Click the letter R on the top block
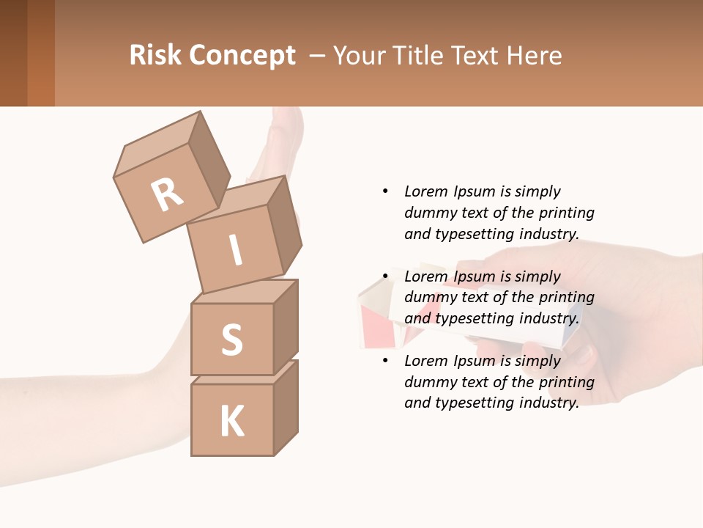pos(167,195)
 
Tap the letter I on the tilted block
pos(235,251)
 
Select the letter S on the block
pos(231,340)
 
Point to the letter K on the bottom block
pos(231,421)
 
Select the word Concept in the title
pos(242,56)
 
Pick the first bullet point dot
pos(386,191)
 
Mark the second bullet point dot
pos(386,276)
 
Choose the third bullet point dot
pos(386,361)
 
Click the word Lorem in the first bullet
pos(425,191)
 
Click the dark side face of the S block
pos(286,326)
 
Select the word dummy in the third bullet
pos(430,382)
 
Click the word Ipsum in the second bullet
pos(477,276)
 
